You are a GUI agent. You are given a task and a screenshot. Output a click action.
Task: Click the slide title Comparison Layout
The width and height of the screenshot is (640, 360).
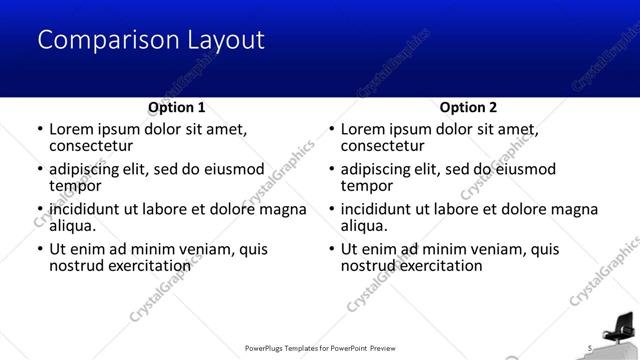[x=151, y=40]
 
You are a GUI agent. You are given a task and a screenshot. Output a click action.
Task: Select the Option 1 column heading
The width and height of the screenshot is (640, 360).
[x=177, y=107]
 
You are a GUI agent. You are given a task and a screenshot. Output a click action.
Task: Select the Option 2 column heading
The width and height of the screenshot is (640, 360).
[x=468, y=107]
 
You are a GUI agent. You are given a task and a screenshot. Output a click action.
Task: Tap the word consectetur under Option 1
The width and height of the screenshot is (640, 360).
[x=91, y=146]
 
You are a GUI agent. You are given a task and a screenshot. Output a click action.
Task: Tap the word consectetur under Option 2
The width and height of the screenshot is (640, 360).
[x=383, y=146]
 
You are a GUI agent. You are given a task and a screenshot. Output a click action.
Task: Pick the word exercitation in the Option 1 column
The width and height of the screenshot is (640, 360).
[x=149, y=265]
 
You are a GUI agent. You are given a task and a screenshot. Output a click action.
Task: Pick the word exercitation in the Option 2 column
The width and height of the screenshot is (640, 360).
[x=441, y=265]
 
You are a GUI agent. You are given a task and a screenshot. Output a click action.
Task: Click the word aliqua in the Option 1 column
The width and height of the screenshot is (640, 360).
[x=72, y=226]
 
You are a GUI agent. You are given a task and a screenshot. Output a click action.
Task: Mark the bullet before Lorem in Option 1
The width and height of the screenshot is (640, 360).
[x=39, y=130]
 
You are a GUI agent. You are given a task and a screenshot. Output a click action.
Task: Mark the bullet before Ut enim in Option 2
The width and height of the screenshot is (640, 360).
[x=331, y=249]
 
